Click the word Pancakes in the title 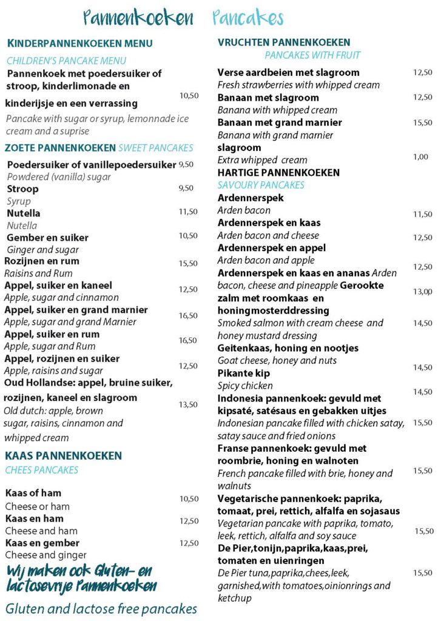tap(248, 18)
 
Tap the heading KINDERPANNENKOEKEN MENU tap(79, 43)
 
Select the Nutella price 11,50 tap(188, 212)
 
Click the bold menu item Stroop tap(22, 189)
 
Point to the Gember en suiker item tap(47, 238)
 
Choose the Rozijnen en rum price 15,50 tap(188, 263)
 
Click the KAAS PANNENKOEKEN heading tap(64, 455)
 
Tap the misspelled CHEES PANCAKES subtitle tap(42, 470)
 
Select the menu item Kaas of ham tap(33, 493)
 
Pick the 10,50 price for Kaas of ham tap(189, 499)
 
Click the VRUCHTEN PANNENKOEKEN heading tap(284, 42)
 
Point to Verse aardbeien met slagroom tap(288, 73)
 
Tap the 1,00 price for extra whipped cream tap(420, 157)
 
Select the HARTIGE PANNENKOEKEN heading tap(278, 173)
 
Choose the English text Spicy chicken tap(245, 386)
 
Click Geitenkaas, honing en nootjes tap(288, 348)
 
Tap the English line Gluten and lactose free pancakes tap(101, 608)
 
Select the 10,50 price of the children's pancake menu tap(189, 96)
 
